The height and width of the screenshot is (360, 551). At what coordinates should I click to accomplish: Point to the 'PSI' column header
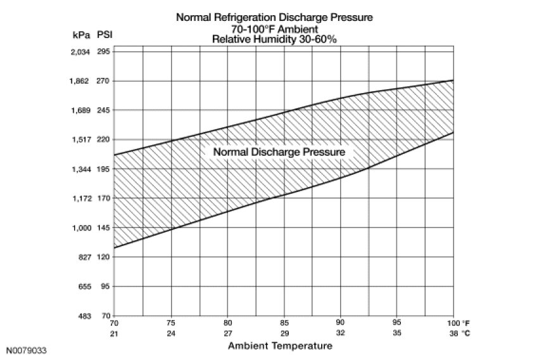pyautogui.click(x=104, y=35)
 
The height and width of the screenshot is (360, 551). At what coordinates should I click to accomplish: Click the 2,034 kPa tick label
pyautogui.click(x=80, y=52)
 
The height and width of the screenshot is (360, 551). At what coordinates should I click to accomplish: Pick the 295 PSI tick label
pyautogui.click(x=104, y=52)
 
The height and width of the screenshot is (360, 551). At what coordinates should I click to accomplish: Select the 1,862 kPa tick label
pyautogui.click(x=80, y=81)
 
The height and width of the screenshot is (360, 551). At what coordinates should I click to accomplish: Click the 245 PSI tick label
pyautogui.click(x=104, y=110)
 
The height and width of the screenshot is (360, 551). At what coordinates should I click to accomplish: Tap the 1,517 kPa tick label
pyautogui.click(x=80, y=139)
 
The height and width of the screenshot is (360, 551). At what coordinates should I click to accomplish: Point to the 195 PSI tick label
pyautogui.click(x=104, y=169)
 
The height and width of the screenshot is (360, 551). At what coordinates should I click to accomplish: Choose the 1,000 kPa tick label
pyautogui.click(x=80, y=228)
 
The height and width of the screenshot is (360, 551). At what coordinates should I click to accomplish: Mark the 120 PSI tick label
pyautogui.click(x=104, y=257)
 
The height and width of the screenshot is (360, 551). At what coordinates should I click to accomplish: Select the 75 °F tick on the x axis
pyautogui.click(x=171, y=323)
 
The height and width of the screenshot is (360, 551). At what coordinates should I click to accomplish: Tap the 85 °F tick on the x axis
pyautogui.click(x=284, y=323)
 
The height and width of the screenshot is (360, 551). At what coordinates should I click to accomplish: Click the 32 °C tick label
pyautogui.click(x=341, y=333)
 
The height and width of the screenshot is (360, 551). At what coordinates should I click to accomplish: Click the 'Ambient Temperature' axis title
pyautogui.click(x=279, y=346)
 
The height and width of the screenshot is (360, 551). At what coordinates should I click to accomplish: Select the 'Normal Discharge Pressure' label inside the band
pyautogui.click(x=279, y=153)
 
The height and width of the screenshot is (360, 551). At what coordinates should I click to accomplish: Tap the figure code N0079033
pyautogui.click(x=27, y=350)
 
